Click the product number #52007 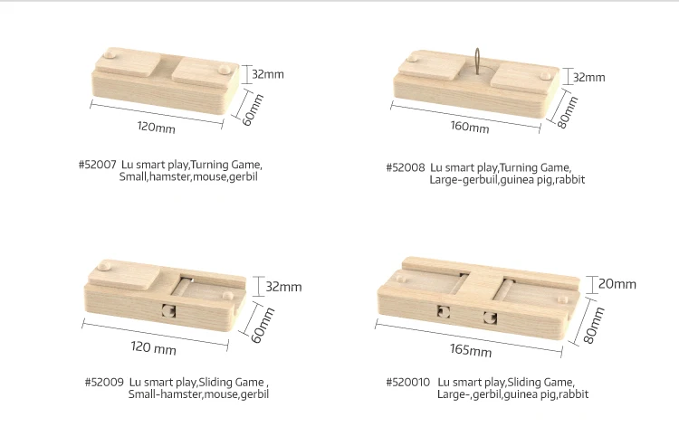click(x=97, y=166)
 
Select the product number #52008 click(x=406, y=167)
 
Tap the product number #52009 click(x=104, y=383)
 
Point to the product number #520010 click(x=408, y=383)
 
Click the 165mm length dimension click(x=471, y=350)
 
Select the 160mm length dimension click(x=469, y=127)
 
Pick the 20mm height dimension click(x=617, y=284)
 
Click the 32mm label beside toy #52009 click(x=283, y=287)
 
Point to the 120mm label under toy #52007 click(x=156, y=128)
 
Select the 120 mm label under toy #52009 click(x=153, y=348)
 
